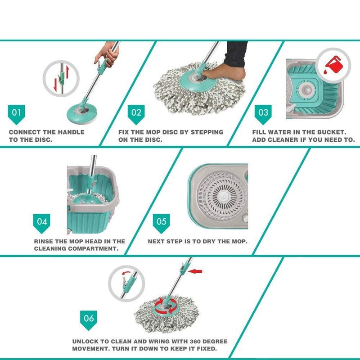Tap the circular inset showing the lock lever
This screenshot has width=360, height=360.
[126, 283]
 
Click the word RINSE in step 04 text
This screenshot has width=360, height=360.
[45, 241]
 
